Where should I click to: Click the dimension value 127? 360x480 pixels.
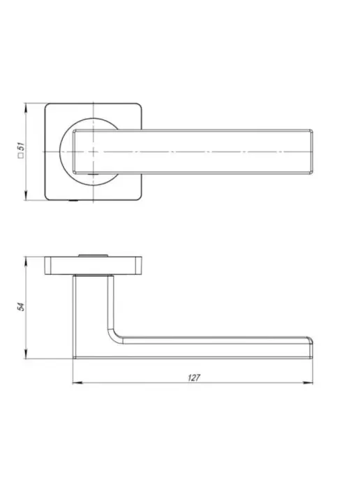coord(194,377)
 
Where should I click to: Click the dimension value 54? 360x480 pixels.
coord(21,307)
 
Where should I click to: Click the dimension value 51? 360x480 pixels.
coord(21,146)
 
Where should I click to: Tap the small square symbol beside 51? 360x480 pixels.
coord(21,156)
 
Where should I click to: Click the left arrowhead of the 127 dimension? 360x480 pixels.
coord(77,382)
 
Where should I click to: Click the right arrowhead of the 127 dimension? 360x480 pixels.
coord(308,382)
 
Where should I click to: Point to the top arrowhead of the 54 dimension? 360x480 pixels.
coord(26,262)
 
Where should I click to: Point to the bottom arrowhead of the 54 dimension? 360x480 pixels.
coord(26,354)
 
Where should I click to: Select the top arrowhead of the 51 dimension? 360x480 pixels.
coord(26,108)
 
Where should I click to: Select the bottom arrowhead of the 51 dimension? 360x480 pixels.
coord(26,195)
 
